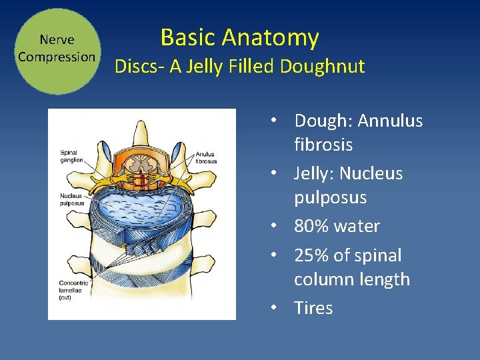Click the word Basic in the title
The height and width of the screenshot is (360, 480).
(x=189, y=37)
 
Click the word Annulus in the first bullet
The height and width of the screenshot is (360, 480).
(x=390, y=121)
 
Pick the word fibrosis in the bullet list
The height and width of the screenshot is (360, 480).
(x=323, y=145)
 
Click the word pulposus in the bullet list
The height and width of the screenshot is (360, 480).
(x=331, y=198)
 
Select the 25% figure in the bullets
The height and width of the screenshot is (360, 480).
(x=314, y=255)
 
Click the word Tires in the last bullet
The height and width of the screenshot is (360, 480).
(x=313, y=308)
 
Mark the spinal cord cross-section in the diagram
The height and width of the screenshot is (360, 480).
(x=141, y=163)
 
